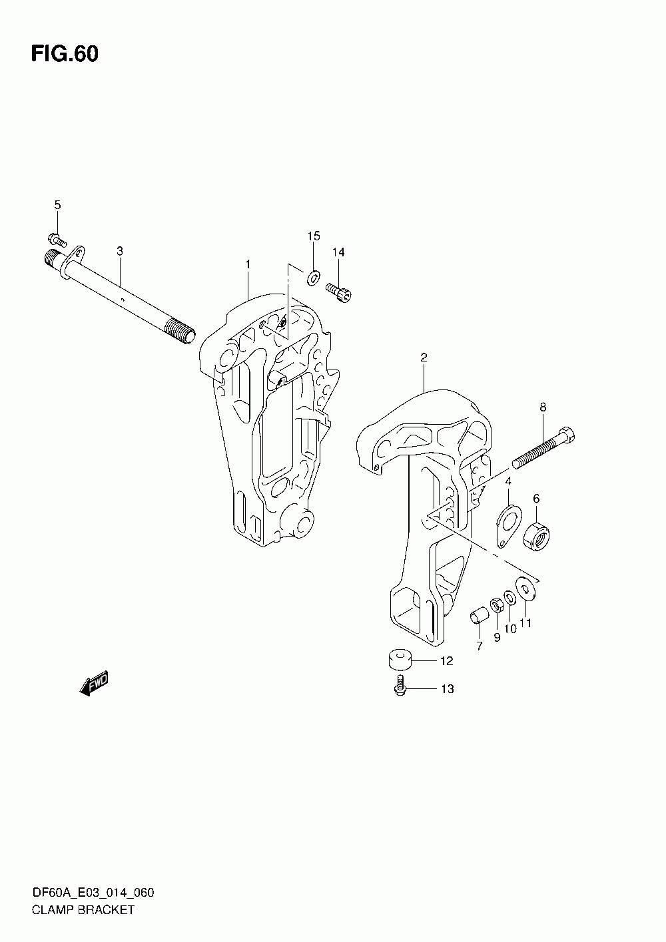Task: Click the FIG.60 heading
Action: (65, 55)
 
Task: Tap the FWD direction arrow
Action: (93, 683)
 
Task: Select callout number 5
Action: (57, 205)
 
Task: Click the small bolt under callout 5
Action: (56, 238)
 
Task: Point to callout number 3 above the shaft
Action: (120, 251)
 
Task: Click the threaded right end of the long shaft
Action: (181, 331)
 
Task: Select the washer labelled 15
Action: (313, 275)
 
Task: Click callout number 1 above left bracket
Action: (247, 264)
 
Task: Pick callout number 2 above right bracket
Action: (424, 357)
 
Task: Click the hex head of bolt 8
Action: (567, 437)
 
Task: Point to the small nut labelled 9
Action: (496, 604)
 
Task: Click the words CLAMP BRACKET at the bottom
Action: (83, 909)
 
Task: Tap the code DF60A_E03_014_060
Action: (93, 893)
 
